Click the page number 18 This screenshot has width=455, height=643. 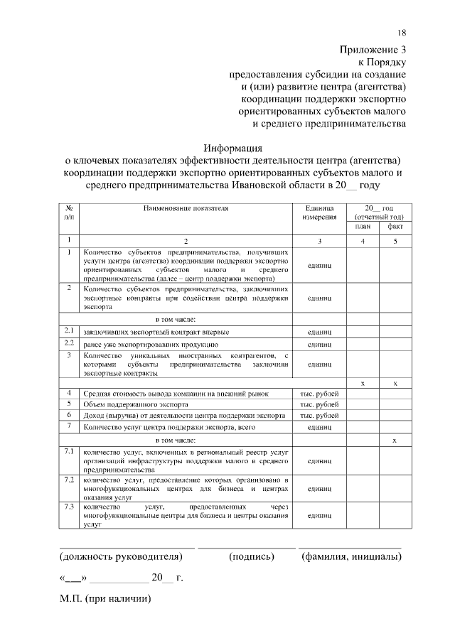402,33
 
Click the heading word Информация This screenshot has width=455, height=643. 233,148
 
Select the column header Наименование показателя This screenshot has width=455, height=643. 186,209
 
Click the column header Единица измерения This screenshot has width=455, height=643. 319,212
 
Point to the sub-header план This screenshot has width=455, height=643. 363,227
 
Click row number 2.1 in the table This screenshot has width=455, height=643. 69,331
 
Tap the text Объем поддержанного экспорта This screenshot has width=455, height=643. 132,404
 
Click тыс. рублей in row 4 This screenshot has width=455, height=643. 319,392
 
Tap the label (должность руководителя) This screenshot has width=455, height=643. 126,556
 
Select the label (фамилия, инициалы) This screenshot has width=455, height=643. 350,556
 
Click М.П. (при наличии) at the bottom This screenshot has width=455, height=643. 106,598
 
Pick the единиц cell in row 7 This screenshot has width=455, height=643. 319,427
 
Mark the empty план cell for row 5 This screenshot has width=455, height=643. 363,404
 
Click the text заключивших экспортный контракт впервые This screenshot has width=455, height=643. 156,332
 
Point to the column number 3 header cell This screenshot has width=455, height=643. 319,241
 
